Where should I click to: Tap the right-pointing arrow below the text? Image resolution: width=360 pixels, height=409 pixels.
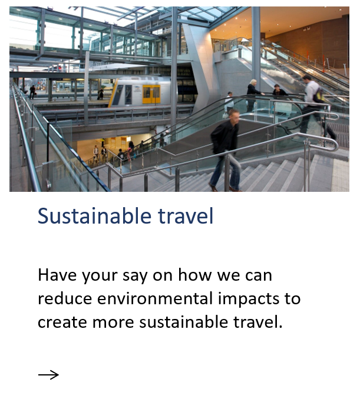tap(48, 374)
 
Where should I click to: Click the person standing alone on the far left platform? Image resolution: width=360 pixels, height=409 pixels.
tap(32, 91)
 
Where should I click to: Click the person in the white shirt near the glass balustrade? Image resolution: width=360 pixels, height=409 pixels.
tap(229, 102)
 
